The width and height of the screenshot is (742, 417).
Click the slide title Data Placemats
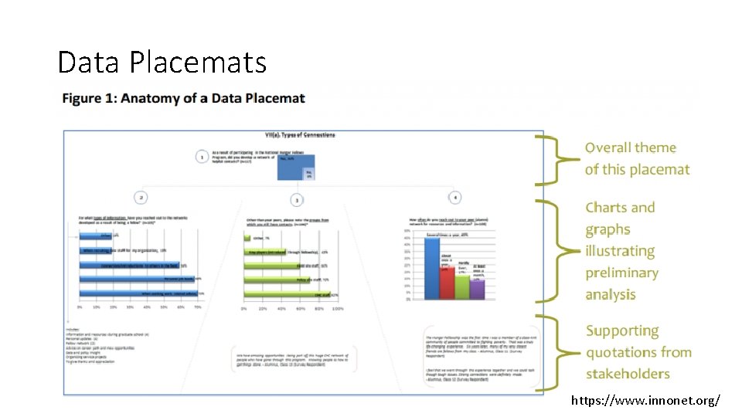162,62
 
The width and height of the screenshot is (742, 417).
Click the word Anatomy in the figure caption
155,98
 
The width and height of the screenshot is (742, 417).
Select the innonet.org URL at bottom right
645,400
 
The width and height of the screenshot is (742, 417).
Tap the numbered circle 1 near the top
203,157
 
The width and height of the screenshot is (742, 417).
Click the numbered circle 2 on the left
141,197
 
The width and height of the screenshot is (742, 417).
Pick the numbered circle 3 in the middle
296,199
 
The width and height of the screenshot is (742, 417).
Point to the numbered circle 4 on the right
455,197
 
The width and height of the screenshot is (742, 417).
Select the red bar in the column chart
447,283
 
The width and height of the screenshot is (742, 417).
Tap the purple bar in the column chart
477,289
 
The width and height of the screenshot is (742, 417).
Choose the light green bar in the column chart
462,286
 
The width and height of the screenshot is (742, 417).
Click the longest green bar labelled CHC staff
288,294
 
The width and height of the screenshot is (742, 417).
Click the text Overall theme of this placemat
636,158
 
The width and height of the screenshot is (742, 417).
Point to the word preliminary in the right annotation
621,273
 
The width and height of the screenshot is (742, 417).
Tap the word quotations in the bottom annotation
638,352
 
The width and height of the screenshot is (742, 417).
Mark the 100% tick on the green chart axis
337,309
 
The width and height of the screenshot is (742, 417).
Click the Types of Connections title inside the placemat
300,135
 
